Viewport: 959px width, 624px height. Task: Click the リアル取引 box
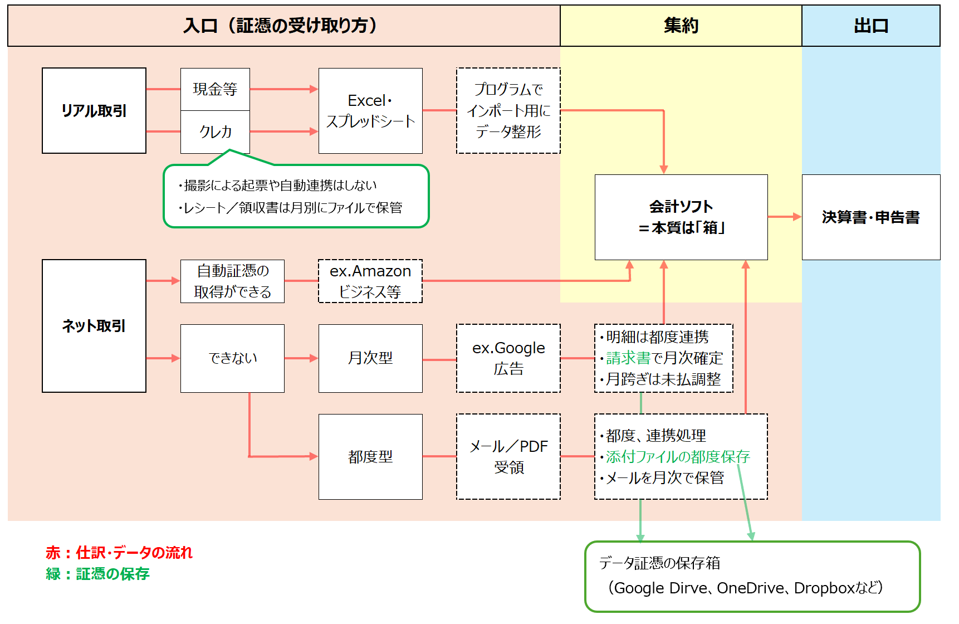point(94,111)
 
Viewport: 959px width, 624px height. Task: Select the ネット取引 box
point(94,326)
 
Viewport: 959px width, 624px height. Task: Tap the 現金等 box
point(215,89)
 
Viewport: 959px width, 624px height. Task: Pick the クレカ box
point(215,132)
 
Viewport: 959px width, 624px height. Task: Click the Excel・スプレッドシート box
point(370,111)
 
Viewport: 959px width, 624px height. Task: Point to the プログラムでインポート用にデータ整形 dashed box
point(508,111)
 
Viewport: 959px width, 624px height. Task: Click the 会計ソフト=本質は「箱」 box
point(681,217)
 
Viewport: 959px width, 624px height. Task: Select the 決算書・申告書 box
point(870,217)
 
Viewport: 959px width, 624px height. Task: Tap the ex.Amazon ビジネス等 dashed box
point(370,281)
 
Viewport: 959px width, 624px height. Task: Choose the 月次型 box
point(370,358)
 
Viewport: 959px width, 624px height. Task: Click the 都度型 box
point(370,457)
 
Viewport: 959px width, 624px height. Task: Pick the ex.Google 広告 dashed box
point(508,358)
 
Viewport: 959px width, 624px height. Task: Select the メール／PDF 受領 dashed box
point(508,457)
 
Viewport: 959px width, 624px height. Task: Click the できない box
point(232,358)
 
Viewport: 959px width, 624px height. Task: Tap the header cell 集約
point(681,26)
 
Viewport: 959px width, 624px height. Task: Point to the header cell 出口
point(870,26)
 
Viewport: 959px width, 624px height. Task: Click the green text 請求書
point(628,358)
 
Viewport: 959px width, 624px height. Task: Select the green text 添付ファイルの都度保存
point(678,457)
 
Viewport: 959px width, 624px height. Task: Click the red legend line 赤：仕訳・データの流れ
point(119,553)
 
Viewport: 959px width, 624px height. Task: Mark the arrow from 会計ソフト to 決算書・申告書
point(784,217)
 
